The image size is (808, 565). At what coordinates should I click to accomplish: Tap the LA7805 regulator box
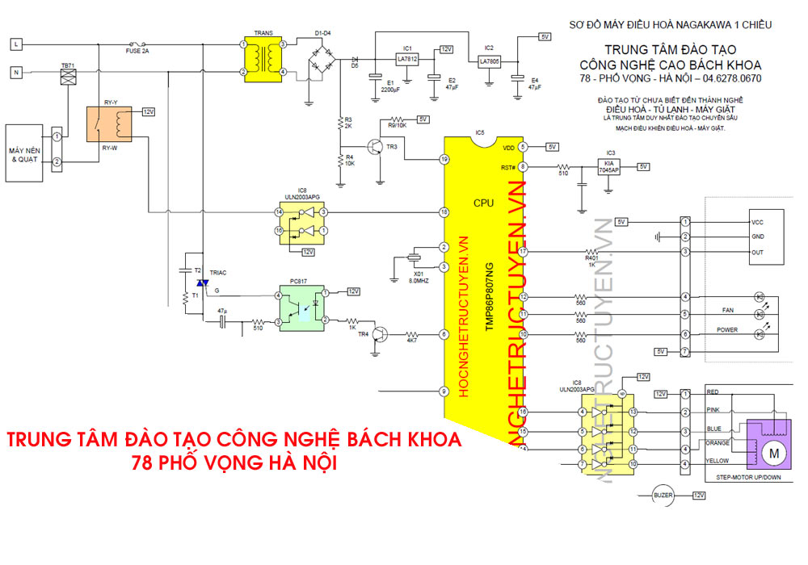click(489, 61)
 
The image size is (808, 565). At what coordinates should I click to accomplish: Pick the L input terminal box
click(15, 44)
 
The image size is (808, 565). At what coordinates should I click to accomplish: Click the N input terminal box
click(15, 73)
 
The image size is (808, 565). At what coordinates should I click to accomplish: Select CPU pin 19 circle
click(444, 160)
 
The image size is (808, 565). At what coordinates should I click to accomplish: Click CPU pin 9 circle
click(444, 391)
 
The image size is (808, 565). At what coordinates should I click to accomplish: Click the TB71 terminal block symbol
click(69, 77)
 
